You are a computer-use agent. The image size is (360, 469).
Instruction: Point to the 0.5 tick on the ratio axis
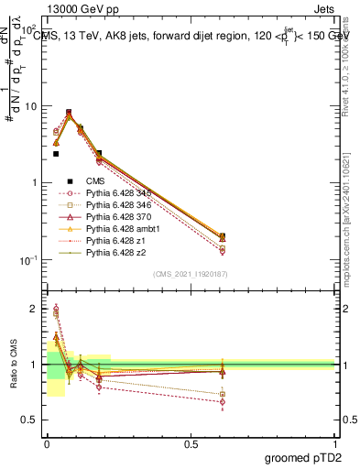tap(31, 420)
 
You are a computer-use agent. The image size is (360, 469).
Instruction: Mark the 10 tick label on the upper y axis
tap(30, 106)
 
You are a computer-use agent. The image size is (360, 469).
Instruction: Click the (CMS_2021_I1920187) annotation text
tap(191, 273)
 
